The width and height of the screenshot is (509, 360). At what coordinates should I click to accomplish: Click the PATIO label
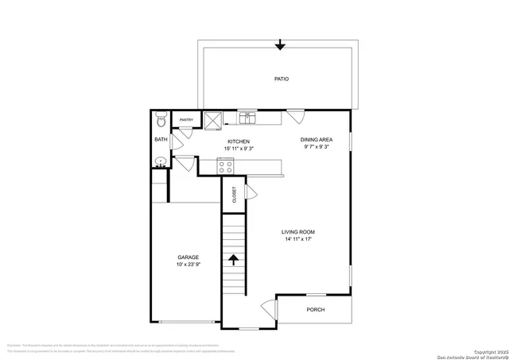point(281,79)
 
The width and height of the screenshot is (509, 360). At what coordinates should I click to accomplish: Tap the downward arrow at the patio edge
point(279,45)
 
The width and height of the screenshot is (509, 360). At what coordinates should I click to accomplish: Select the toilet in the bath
point(161,121)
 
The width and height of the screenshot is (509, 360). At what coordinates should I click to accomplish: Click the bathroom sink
point(161,162)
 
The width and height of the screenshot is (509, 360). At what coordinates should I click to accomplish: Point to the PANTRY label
point(186,121)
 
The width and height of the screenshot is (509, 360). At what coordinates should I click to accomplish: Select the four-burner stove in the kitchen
point(225,167)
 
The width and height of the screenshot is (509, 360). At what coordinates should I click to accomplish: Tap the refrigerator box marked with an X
point(212,119)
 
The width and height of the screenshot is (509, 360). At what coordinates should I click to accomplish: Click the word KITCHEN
point(239,141)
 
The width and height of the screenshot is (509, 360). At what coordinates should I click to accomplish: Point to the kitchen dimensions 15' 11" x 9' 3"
point(239,149)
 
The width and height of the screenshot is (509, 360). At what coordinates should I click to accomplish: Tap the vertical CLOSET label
point(234,195)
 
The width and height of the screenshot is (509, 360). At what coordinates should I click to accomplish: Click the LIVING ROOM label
point(297,232)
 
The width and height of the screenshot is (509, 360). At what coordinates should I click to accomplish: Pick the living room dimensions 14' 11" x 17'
point(297,239)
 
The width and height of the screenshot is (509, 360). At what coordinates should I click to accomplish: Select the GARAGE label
point(188,257)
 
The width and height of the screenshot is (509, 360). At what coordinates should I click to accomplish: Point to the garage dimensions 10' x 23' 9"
point(188,265)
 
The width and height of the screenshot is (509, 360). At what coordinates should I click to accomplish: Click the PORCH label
point(316,310)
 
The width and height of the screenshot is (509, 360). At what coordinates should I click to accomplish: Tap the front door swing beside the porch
point(268,308)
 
